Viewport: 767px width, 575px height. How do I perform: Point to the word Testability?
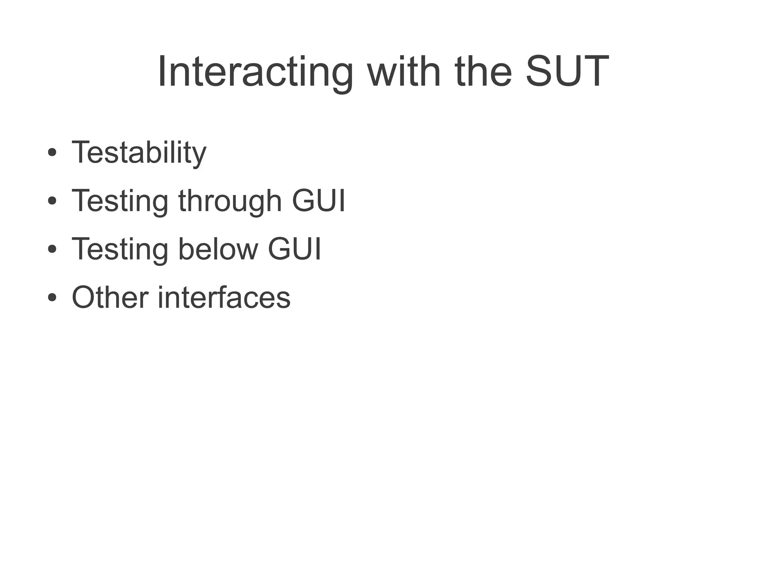click(x=139, y=153)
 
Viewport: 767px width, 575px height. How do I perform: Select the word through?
click(x=230, y=201)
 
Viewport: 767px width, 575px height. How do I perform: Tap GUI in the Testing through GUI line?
click(x=318, y=200)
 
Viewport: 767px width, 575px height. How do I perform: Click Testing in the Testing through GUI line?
click(x=120, y=201)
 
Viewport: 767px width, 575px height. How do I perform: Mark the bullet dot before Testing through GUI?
click(x=52, y=201)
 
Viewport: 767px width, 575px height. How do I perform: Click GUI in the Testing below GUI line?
click(x=294, y=249)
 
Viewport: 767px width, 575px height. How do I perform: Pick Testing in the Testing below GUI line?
click(x=120, y=249)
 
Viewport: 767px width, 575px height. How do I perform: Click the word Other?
click(x=110, y=297)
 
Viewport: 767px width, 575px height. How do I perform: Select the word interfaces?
click(x=224, y=297)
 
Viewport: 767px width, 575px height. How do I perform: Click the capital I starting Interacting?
click(x=162, y=71)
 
